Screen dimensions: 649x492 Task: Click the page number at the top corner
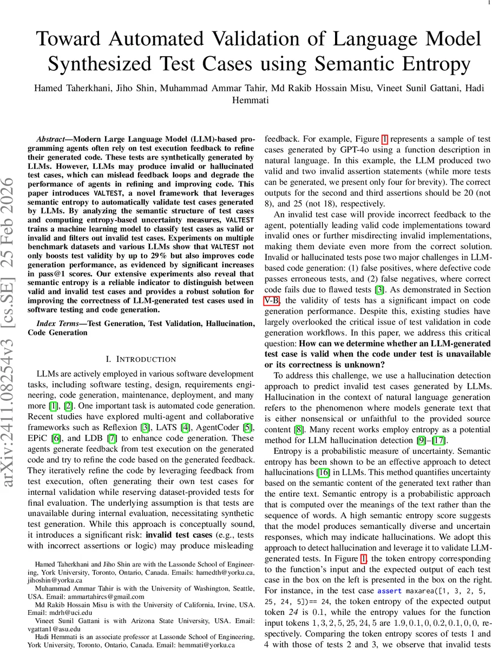click(488, 3)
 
